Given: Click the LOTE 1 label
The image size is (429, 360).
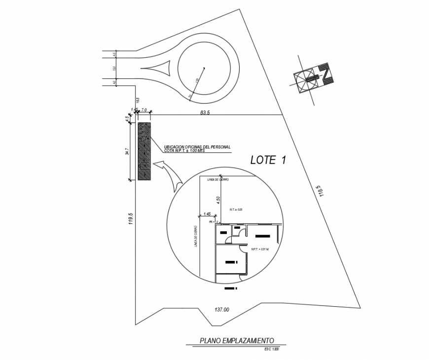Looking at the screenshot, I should click(268, 160).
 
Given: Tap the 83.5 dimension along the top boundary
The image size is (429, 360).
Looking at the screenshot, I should click(205, 112).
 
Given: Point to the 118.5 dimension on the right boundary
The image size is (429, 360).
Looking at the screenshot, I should click(322, 191).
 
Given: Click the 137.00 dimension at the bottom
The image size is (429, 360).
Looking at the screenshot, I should click(221, 310).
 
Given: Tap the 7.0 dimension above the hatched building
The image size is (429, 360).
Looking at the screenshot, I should click(144, 109).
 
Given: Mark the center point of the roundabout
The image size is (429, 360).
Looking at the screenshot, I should click(204, 68).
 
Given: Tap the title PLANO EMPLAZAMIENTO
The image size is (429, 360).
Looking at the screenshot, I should click(236, 340).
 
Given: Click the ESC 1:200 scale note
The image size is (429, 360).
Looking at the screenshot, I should click(272, 350).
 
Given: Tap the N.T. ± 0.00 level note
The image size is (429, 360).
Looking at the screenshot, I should click(236, 210).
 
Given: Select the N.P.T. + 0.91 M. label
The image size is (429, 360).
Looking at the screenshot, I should click(259, 249).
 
